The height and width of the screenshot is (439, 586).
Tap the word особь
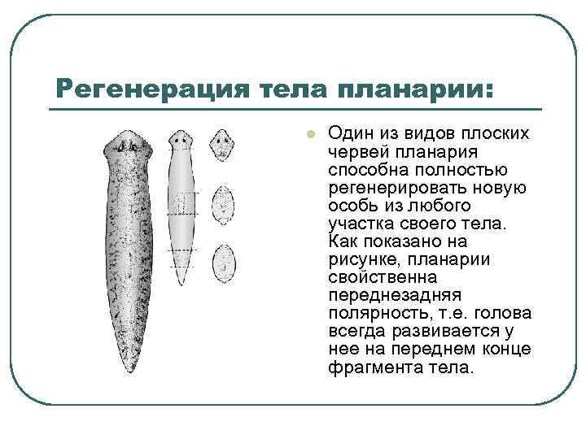tap(352, 206)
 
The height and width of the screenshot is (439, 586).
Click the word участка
tap(360, 224)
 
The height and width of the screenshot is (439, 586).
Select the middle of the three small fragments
tap(222, 200)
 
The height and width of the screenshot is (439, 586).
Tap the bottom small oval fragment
tap(222, 259)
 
